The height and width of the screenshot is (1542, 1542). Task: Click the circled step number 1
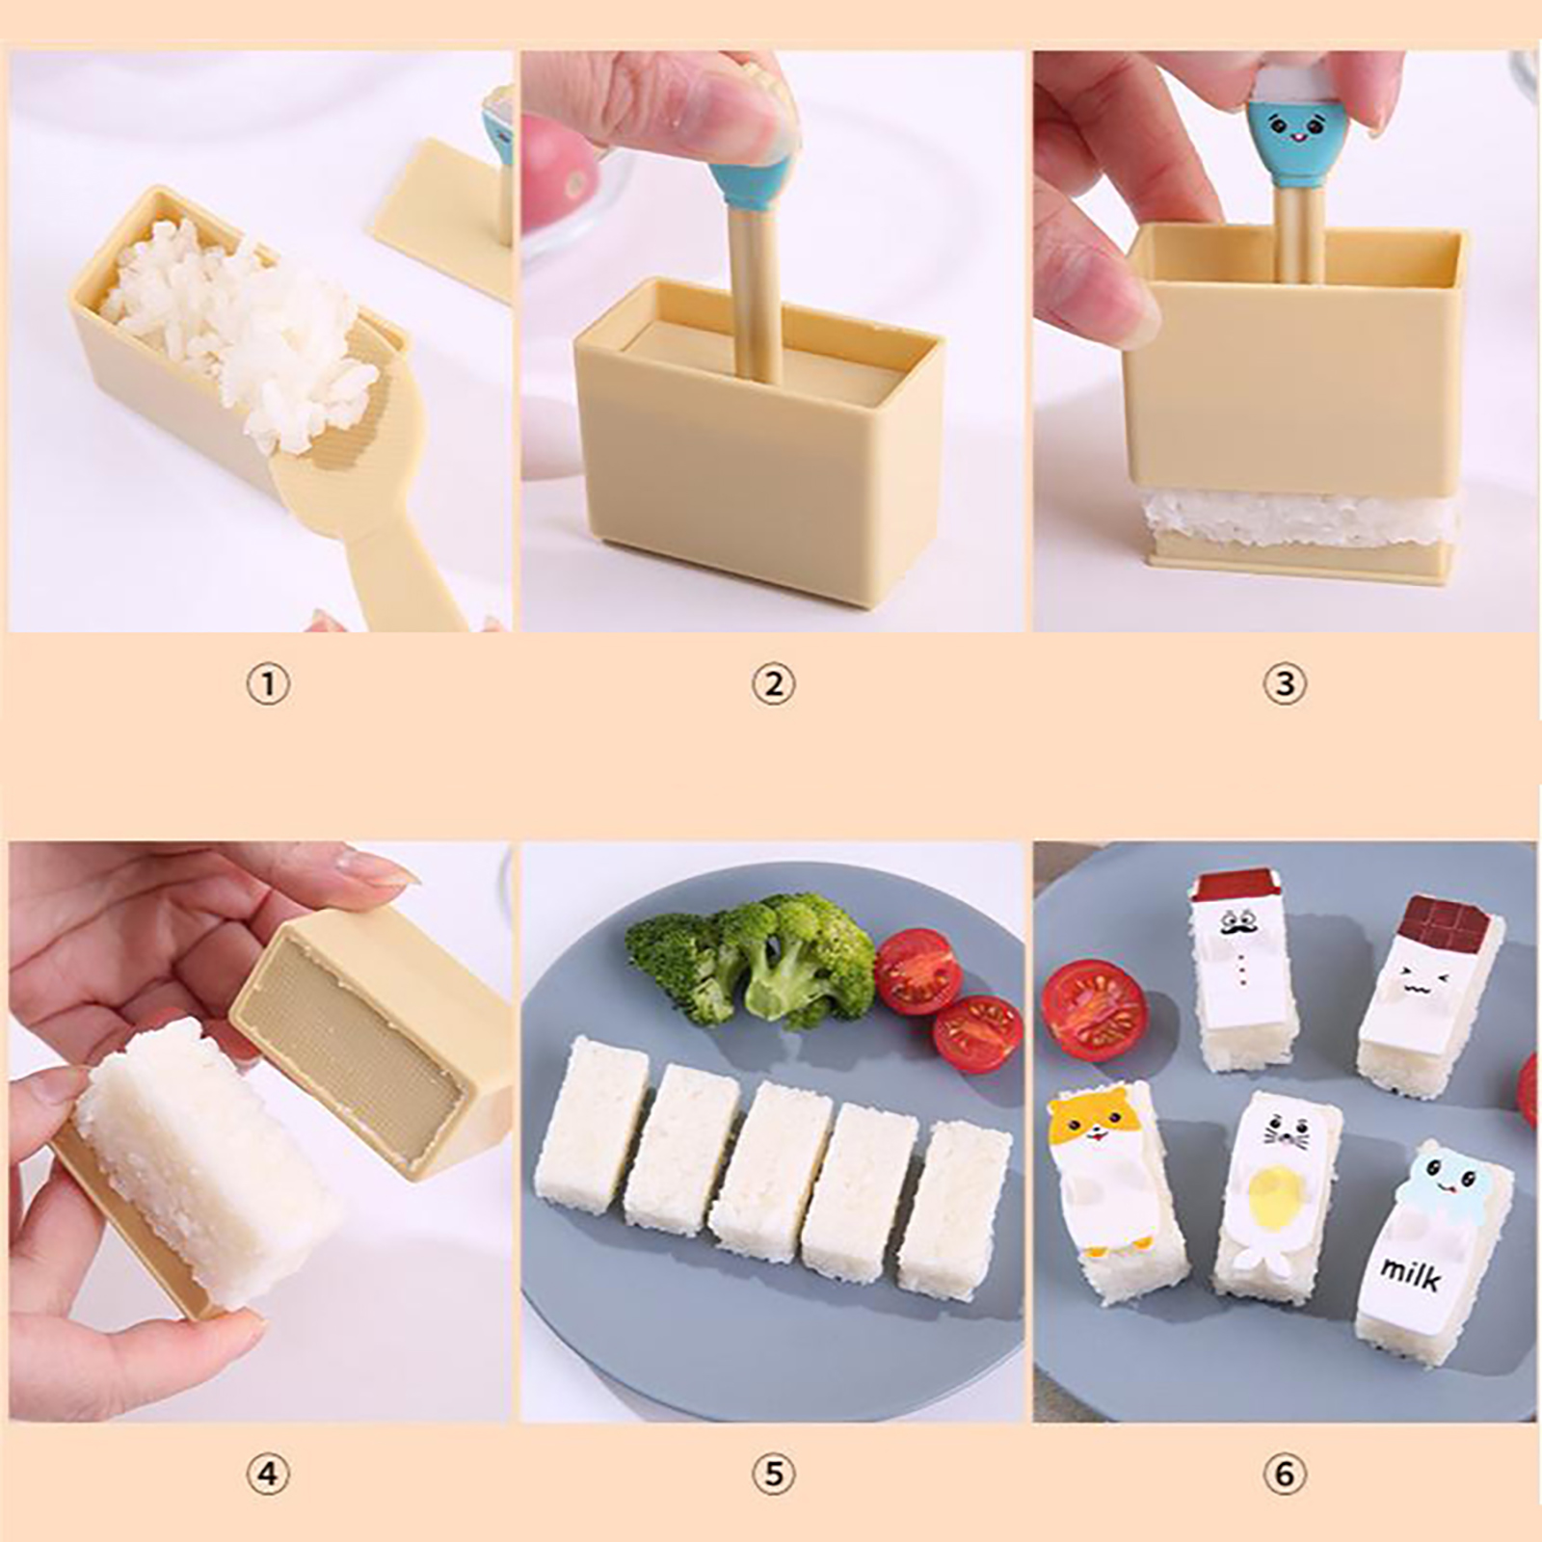(268, 685)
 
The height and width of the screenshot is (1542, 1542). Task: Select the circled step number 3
(1285, 685)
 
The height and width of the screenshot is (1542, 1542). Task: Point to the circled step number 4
(268, 1474)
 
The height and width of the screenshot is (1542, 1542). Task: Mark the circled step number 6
(1285, 1474)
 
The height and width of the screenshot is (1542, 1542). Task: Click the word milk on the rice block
(1411, 1274)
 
